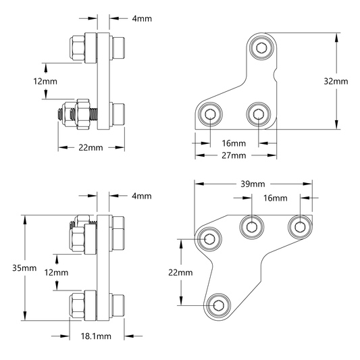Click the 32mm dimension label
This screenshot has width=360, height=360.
[336, 81]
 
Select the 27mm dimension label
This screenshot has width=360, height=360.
[234, 155]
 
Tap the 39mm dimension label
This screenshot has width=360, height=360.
[253, 184]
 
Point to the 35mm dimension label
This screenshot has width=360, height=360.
[24, 268]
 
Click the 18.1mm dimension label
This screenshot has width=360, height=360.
[96, 336]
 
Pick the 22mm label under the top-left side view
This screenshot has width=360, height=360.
[91, 148]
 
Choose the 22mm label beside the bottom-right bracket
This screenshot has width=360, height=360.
[180, 272]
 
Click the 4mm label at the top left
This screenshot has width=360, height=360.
[142, 19]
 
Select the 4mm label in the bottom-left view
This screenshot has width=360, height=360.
[142, 196]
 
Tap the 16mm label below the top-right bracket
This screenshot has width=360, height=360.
[234, 143]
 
